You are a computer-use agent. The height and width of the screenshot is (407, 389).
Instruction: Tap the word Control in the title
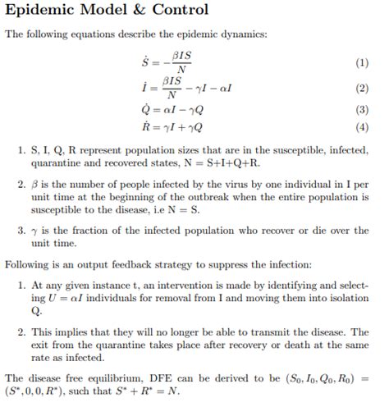click(x=179, y=11)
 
